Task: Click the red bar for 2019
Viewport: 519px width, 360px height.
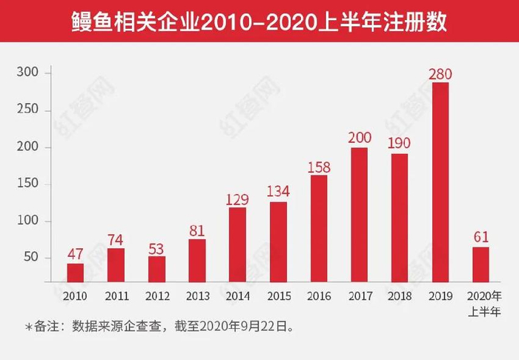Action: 440,182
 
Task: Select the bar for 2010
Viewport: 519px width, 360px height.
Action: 76,273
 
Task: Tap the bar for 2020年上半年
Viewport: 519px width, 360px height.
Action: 480,264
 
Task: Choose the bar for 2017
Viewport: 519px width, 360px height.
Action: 359,215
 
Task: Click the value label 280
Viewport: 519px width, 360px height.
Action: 440,74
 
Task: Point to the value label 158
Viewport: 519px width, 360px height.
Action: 319,167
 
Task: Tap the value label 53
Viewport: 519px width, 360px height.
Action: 156,247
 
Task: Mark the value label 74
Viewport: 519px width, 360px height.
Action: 116,239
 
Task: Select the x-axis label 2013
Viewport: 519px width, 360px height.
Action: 197,296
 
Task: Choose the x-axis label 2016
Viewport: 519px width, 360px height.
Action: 319,296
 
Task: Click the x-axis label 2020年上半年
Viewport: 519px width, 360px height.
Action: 480,301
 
